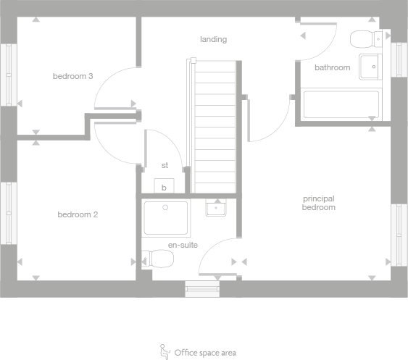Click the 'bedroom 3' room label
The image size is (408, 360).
pyautogui.click(x=72, y=76)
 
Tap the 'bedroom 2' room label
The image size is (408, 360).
pyautogui.click(x=78, y=214)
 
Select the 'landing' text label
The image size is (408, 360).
pyautogui.click(x=214, y=39)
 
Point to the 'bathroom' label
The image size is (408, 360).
pyautogui.click(x=332, y=67)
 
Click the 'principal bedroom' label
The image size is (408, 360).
pyautogui.click(x=319, y=203)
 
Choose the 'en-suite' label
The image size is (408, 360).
pyautogui.click(x=183, y=245)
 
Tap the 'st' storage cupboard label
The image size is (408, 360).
pyautogui.click(x=165, y=165)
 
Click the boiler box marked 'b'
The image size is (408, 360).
pyautogui.click(x=165, y=186)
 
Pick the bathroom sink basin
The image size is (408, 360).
pyautogui.click(x=370, y=65)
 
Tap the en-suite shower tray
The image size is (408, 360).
pyautogui.click(x=166, y=218)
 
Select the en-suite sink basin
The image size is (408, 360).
pyautogui.click(x=217, y=209)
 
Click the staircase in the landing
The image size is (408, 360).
pyautogui.click(x=215, y=123)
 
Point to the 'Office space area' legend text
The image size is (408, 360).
pyautogui.click(x=205, y=353)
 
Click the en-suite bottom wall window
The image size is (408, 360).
pyautogui.click(x=202, y=290)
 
